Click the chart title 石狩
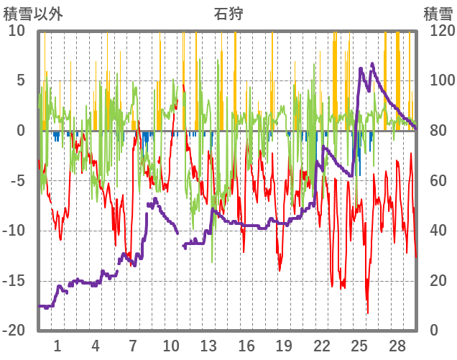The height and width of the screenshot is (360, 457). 228,13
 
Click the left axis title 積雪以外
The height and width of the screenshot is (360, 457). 30,13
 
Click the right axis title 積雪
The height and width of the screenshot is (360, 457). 437,13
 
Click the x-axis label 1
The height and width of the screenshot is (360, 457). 57,346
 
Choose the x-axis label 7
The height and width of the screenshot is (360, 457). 133,346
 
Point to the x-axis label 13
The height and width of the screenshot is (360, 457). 208,346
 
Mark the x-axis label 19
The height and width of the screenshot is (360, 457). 284,346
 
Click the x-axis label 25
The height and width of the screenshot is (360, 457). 360,346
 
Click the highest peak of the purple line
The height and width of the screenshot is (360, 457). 372,63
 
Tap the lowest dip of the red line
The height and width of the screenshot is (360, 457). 368,313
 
